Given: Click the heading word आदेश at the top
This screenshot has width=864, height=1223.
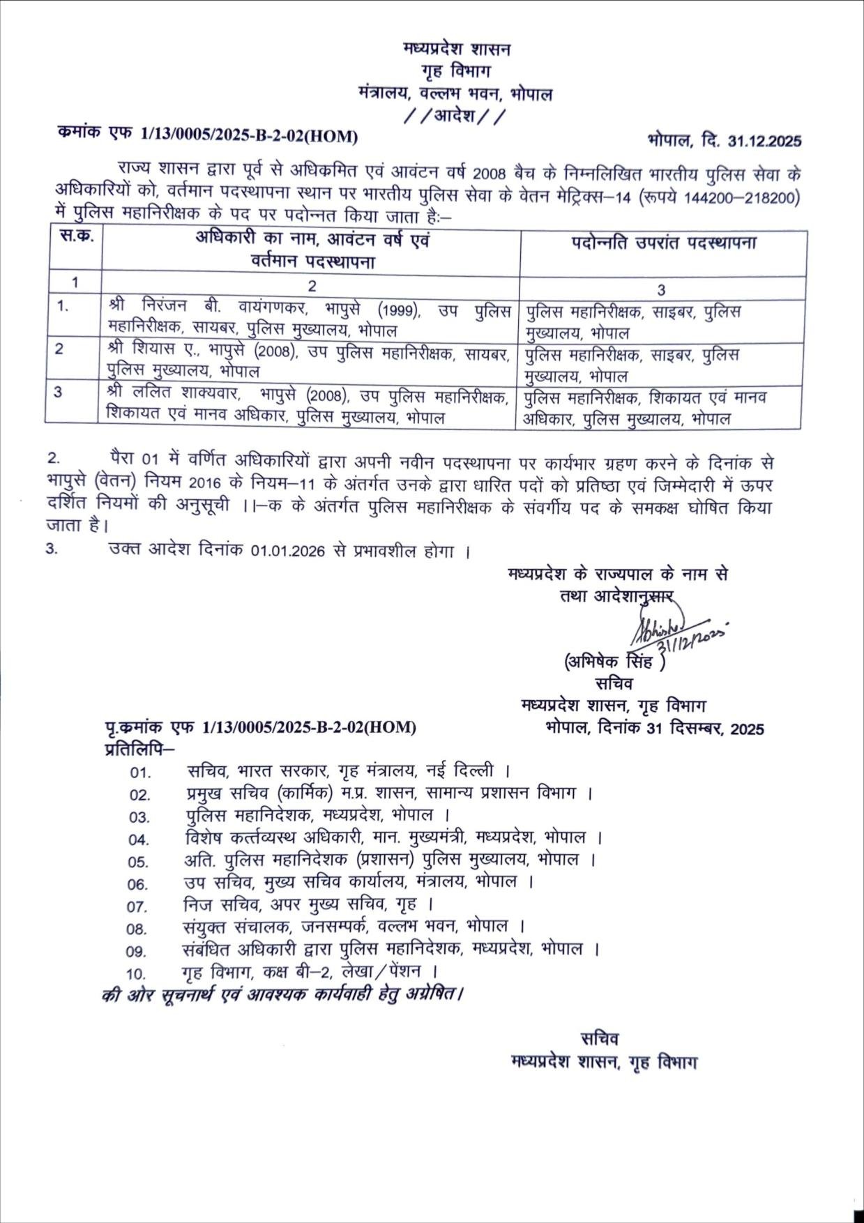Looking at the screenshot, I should click(x=455, y=116).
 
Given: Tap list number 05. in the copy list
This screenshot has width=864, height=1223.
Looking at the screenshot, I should click(x=138, y=862).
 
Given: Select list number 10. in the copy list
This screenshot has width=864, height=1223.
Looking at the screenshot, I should click(x=136, y=973).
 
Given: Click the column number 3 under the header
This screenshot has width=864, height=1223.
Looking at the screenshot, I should click(x=661, y=289).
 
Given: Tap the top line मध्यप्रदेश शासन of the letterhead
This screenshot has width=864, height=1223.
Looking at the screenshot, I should click(x=457, y=50).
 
